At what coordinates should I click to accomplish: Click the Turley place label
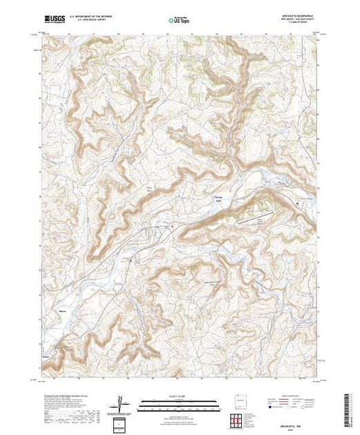click(x=48, y=358)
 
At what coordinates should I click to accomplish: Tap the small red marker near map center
click(x=171, y=226)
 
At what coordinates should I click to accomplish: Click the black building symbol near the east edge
click(x=297, y=204)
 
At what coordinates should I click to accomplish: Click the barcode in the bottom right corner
click(x=349, y=409)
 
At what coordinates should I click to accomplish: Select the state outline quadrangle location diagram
click(x=237, y=400)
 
